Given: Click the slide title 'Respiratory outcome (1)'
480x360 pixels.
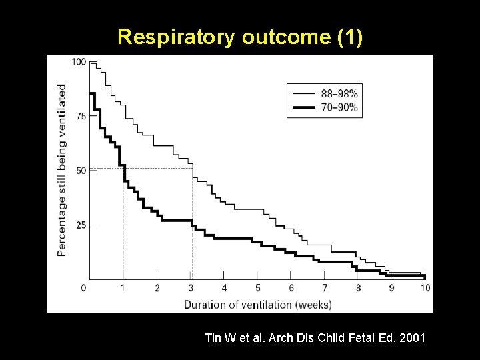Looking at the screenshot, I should pyautogui.click(x=240, y=37).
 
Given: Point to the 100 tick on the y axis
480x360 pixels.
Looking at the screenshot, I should pyautogui.click(x=79, y=62).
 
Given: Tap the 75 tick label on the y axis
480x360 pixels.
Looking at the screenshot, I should pyautogui.click(x=81, y=116).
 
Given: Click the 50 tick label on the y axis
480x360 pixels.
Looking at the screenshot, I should pyautogui.click(x=81, y=171).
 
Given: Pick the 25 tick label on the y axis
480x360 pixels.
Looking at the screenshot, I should pyautogui.click(x=81, y=225).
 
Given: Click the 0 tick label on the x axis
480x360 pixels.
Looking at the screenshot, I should pyautogui.click(x=83, y=288).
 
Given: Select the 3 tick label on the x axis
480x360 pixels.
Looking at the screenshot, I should pyautogui.click(x=191, y=288).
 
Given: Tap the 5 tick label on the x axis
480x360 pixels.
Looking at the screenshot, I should pyautogui.click(x=258, y=288).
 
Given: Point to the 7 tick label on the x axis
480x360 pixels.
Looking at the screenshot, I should pyautogui.click(x=325, y=288).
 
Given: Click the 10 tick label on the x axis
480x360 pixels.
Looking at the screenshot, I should pyautogui.click(x=425, y=288).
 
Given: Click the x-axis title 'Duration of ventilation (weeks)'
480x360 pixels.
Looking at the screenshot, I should pyautogui.click(x=258, y=305).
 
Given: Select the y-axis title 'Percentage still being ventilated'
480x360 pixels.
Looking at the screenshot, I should pyautogui.click(x=61, y=170).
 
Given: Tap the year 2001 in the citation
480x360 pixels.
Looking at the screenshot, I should pyautogui.click(x=412, y=339).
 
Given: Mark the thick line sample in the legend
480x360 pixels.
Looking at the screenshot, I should pyautogui.click(x=305, y=107).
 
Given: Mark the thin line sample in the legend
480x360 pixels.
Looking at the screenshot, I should pyautogui.click(x=305, y=94).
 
